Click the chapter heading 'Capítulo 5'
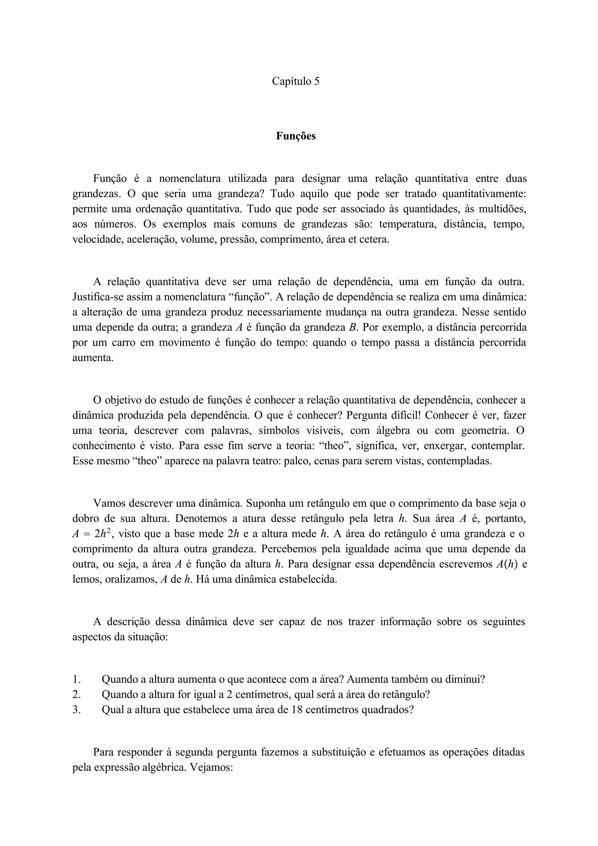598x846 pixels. (x=295, y=81)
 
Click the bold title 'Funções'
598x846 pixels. (x=296, y=136)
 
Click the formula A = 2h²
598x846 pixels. (x=92, y=534)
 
